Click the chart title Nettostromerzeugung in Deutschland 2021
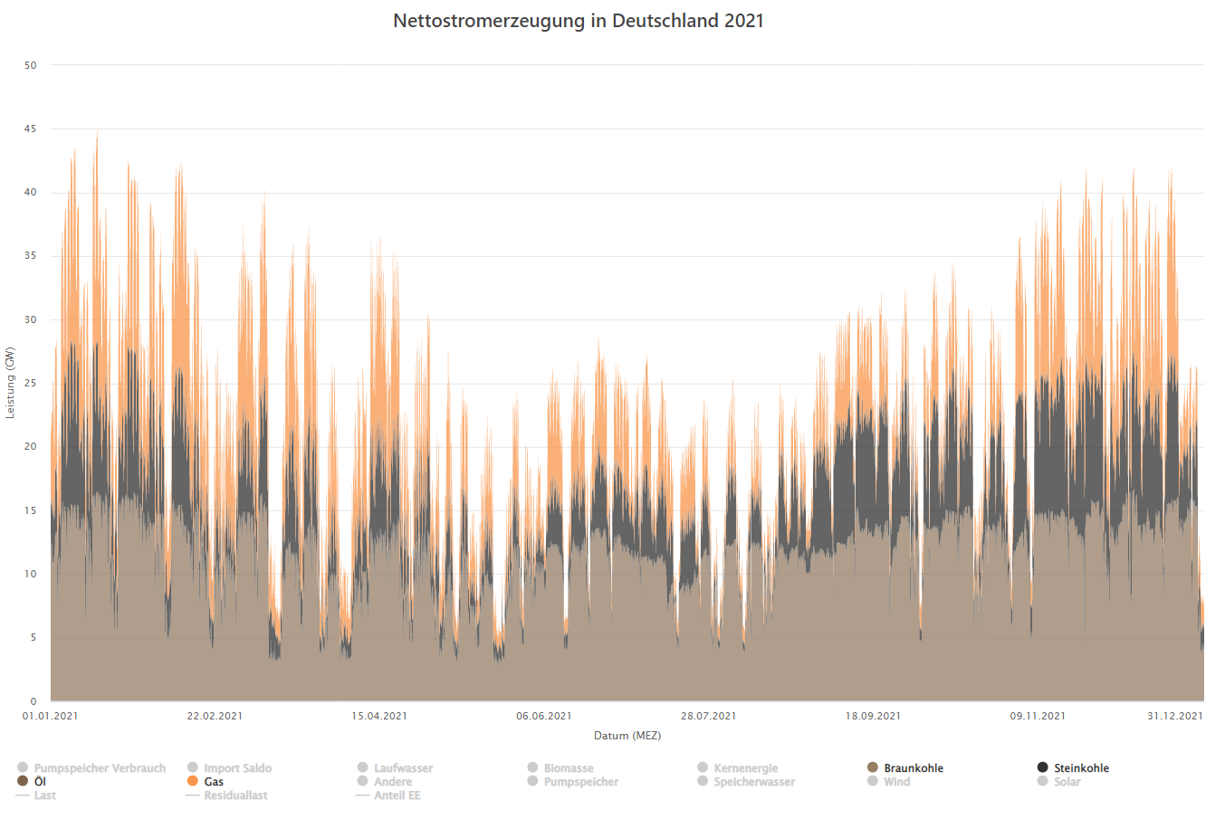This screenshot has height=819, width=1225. (579, 21)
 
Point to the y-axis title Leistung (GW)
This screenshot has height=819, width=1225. (10, 382)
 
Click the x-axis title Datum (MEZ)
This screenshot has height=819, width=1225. (627, 736)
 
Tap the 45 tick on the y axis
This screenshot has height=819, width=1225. (31, 129)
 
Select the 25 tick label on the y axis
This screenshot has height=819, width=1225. (31, 384)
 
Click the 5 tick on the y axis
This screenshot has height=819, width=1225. (33, 638)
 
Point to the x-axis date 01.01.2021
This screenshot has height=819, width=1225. (51, 716)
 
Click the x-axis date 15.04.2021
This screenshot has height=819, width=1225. (379, 716)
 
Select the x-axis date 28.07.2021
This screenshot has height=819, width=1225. (709, 716)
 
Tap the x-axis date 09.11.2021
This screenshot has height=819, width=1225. (1038, 716)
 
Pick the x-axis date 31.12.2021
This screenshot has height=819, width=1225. (1175, 716)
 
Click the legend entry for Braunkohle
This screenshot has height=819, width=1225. (914, 768)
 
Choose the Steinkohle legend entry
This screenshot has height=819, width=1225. (1081, 768)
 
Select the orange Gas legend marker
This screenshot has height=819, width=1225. (193, 781)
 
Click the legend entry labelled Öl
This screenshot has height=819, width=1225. (40, 782)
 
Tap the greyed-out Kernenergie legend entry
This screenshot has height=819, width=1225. (745, 768)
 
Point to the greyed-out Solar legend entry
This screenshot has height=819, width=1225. (1067, 782)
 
